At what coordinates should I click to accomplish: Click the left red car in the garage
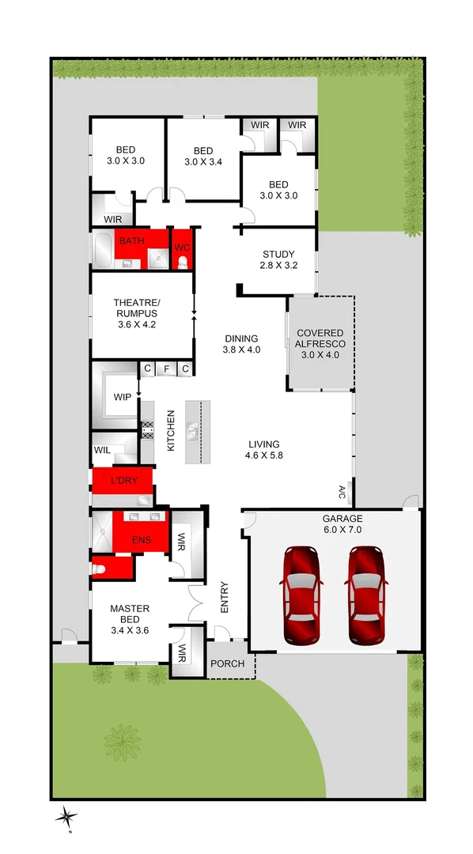(x=301, y=584)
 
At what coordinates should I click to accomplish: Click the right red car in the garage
(x=366, y=584)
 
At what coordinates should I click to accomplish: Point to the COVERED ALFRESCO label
(x=321, y=344)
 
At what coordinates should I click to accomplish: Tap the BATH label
(x=132, y=240)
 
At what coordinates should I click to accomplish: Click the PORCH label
(x=229, y=665)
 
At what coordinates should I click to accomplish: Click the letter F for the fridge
(x=166, y=368)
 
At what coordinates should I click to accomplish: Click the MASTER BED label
(x=130, y=619)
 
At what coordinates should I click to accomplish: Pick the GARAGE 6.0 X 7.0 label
(x=341, y=524)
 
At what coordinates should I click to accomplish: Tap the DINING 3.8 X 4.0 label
(x=241, y=343)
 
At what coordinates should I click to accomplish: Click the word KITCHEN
(x=170, y=432)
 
